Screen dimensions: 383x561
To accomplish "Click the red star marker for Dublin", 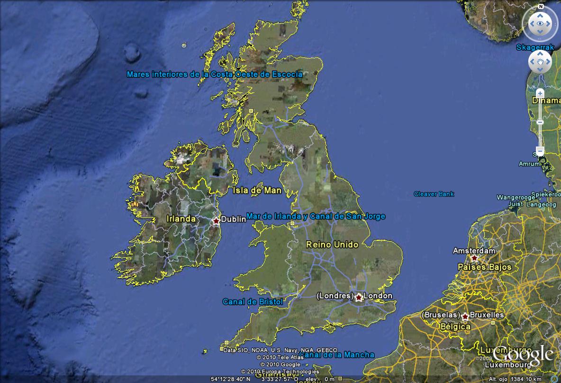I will click(217, 221).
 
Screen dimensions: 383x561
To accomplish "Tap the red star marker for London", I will click(359, 297).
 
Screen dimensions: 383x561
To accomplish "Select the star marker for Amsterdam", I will click(474, 258).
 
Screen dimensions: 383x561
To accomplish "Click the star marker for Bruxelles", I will click(466, 316).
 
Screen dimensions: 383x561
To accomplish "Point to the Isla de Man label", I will click(257, 191).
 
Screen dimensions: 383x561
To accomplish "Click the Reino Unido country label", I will click(332, 245).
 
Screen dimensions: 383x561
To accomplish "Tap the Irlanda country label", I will click(181, 219).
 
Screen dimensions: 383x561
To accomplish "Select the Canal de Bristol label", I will click(253, 302).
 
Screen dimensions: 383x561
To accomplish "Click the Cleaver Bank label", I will click(434, 194).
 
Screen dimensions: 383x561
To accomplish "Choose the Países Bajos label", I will click(485, 267).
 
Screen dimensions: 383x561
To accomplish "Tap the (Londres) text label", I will click(334, 296).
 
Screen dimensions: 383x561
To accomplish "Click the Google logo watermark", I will click(523, 354).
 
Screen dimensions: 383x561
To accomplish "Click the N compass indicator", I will click(540, 7).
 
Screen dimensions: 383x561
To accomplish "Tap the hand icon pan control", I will click(540, 62).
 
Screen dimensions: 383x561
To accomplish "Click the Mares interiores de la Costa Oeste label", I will click(214, 74).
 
